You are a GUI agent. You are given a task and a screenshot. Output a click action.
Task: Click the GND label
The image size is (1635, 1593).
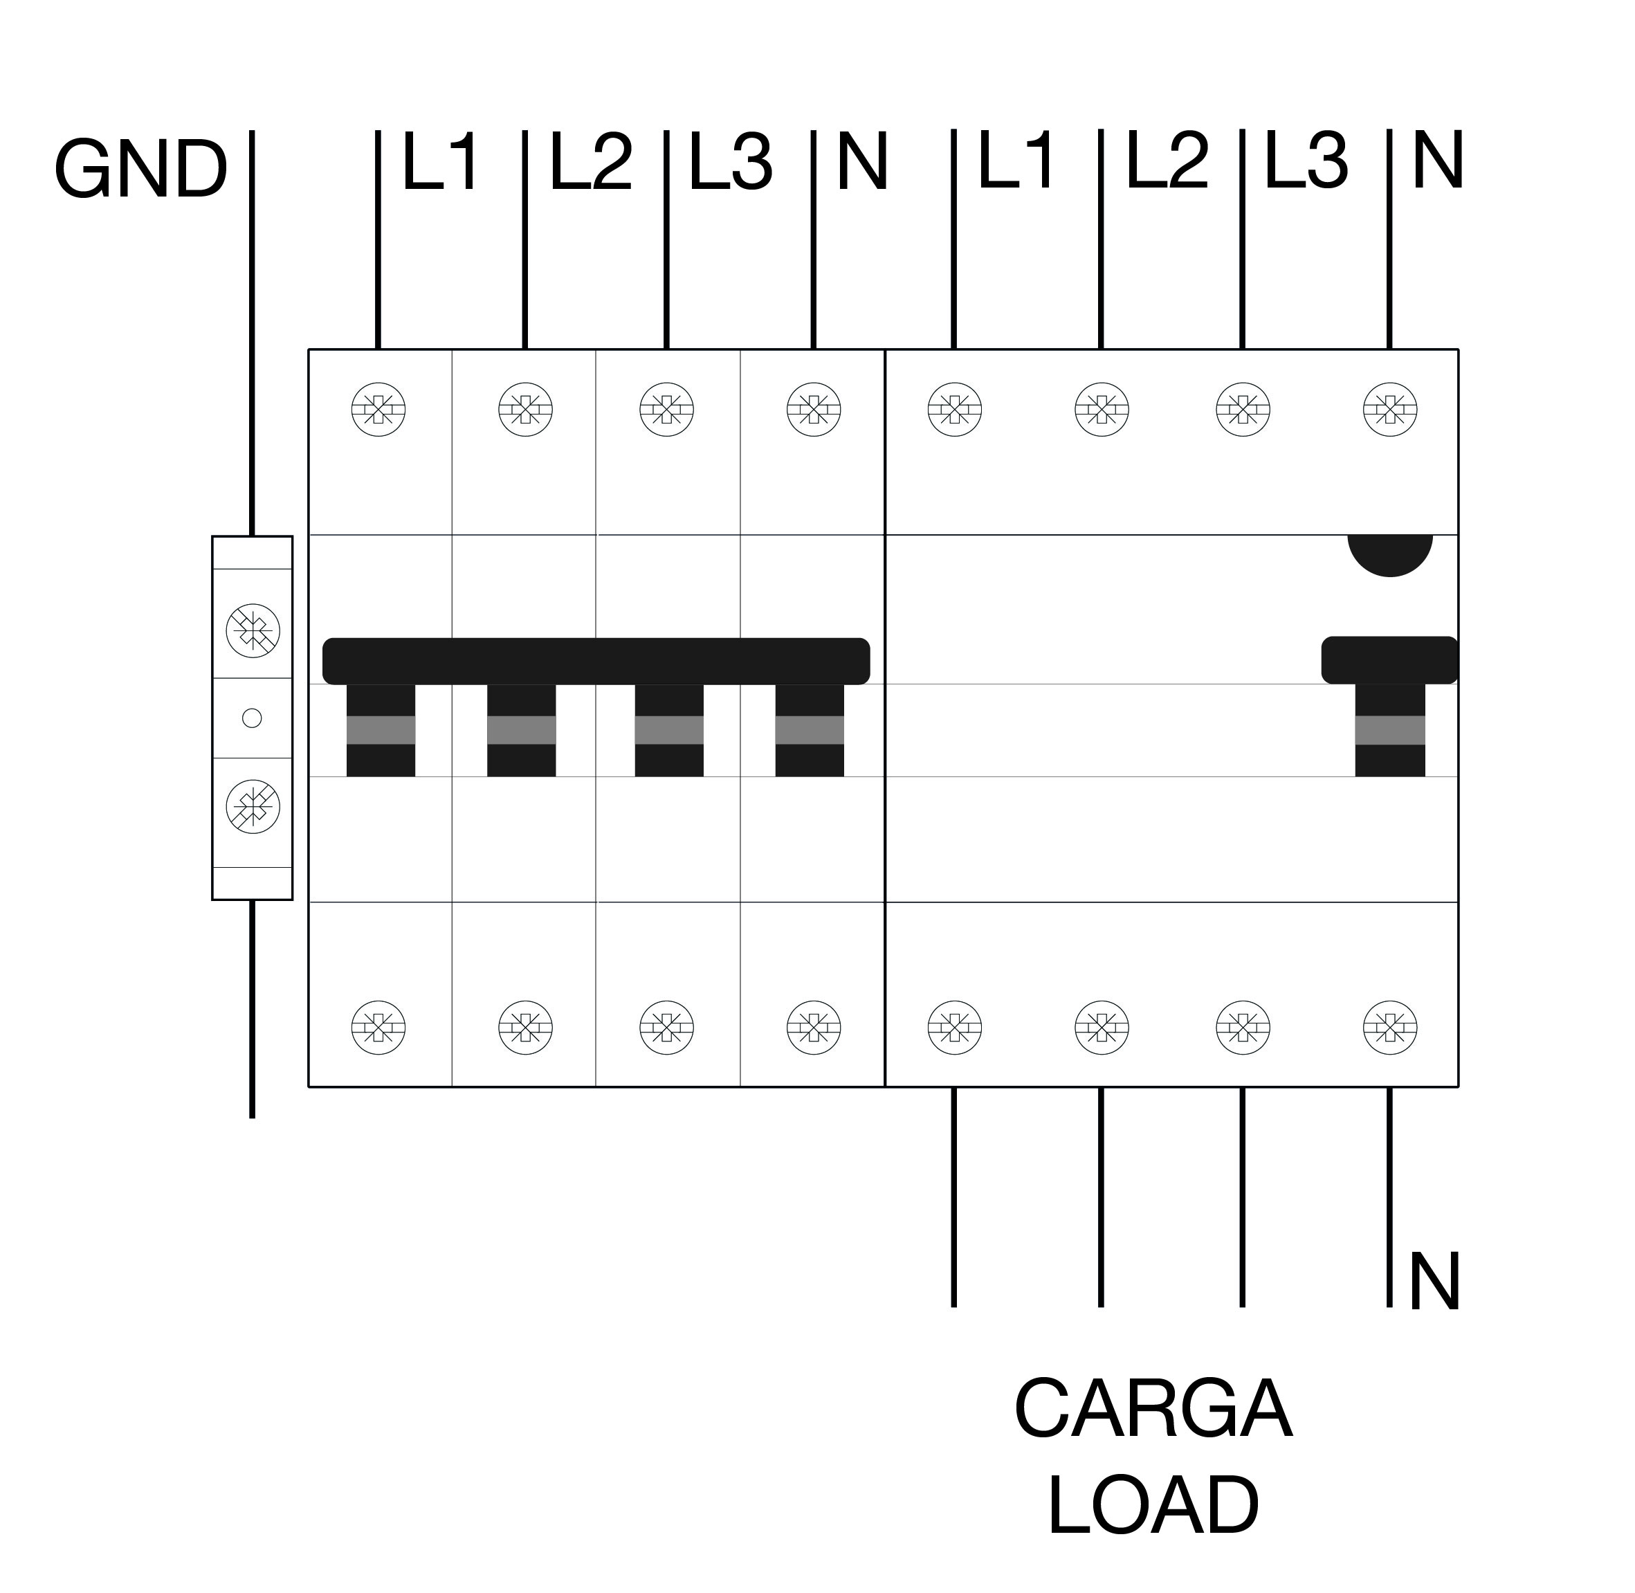pyautogui.click(x=140, y=170)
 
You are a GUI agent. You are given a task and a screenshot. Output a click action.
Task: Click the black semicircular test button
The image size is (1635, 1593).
pyautogui.click(x=1390, y=553)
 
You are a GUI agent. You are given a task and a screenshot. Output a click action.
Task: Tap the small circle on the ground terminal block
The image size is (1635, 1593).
pyautogui.click(x=252, y=718)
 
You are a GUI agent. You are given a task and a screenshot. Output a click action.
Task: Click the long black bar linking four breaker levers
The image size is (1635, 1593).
pyautogui.click(x=596, y=661)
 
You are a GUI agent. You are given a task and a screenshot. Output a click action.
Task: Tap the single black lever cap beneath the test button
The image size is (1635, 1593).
pyautogui.click(x=1390, y=660)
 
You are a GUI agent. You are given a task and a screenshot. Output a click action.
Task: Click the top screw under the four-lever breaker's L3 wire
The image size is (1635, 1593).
pyautogui.click(x=667, y=410)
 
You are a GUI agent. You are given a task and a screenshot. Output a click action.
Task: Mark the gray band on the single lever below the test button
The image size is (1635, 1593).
pyautogui.click(x=1390, y=730)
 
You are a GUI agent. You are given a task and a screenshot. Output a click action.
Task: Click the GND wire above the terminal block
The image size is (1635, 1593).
pyautogui.click(x=252, y=333)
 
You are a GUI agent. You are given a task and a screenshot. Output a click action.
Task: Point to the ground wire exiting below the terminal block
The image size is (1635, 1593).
pyautogui.click(x=252, y=1009)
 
